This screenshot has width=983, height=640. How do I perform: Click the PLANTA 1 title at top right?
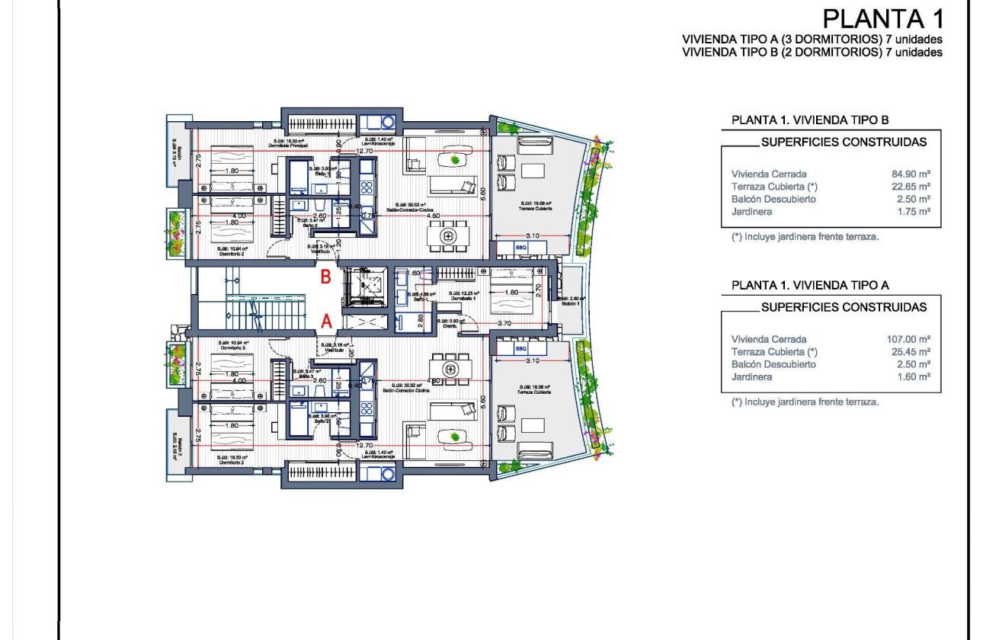882,18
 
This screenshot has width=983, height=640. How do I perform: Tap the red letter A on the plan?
326,322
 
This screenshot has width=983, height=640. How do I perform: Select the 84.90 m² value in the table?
912,174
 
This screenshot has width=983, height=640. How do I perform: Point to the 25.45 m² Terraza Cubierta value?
912,352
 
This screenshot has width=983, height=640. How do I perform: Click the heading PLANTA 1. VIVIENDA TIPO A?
811,285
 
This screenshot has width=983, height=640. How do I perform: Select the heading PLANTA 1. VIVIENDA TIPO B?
810,120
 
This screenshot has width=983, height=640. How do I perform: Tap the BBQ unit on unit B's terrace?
521,248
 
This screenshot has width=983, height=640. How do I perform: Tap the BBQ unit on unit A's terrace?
521,349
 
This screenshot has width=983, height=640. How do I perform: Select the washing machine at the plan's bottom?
377,473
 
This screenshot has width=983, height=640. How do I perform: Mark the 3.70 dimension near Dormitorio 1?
504,324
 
